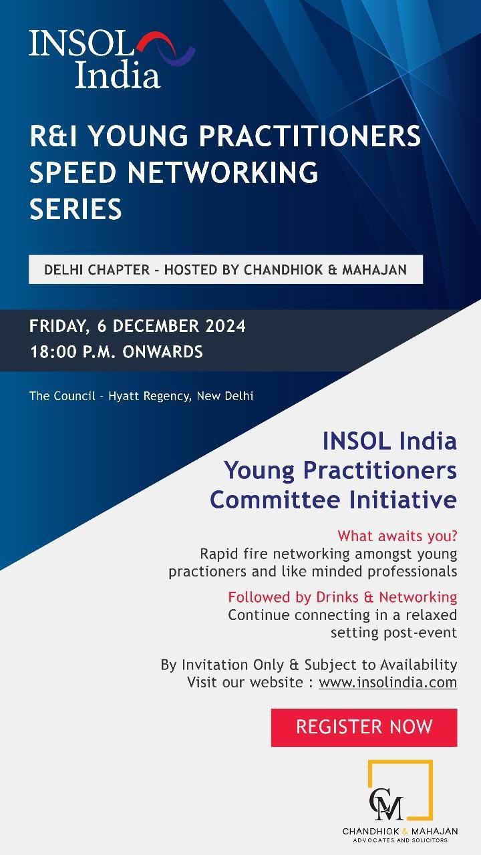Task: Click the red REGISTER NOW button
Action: [x=364, y=727]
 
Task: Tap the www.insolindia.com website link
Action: [x=388, y=682]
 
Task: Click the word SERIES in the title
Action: [x=75, y=208]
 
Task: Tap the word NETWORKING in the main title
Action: [x=222, y=172]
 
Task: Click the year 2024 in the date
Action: [x=226, y=326]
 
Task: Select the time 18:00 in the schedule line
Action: [x=53, y=351]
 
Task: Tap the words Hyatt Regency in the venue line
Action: [x=149, y=396]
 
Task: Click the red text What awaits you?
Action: [x=397, y=536]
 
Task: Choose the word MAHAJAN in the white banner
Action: [x=374, y=270]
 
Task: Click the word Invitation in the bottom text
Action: [x=215, y=665]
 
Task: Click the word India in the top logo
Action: [x=118, y=75]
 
